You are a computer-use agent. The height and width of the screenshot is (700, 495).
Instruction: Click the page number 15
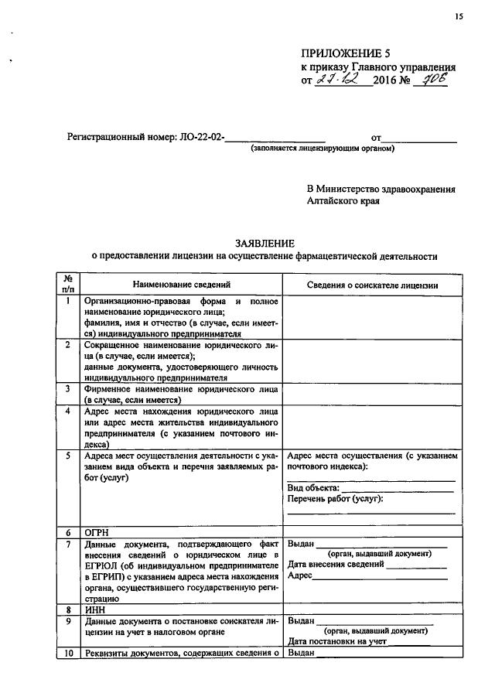pos(459,16)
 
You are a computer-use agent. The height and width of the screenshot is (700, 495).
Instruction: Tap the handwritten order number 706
pos(431,80)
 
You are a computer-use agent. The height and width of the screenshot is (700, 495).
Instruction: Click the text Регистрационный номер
pos(133,138)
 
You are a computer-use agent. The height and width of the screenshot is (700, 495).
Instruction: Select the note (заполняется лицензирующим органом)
pos(322,149)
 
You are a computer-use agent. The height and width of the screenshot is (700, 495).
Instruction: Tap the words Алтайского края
pos(343,200)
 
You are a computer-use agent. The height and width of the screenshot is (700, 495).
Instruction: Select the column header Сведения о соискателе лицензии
pos(373,285)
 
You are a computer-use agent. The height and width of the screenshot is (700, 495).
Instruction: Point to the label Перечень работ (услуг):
pos(335,500)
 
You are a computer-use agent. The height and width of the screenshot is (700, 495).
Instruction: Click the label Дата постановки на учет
pos(336,641)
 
